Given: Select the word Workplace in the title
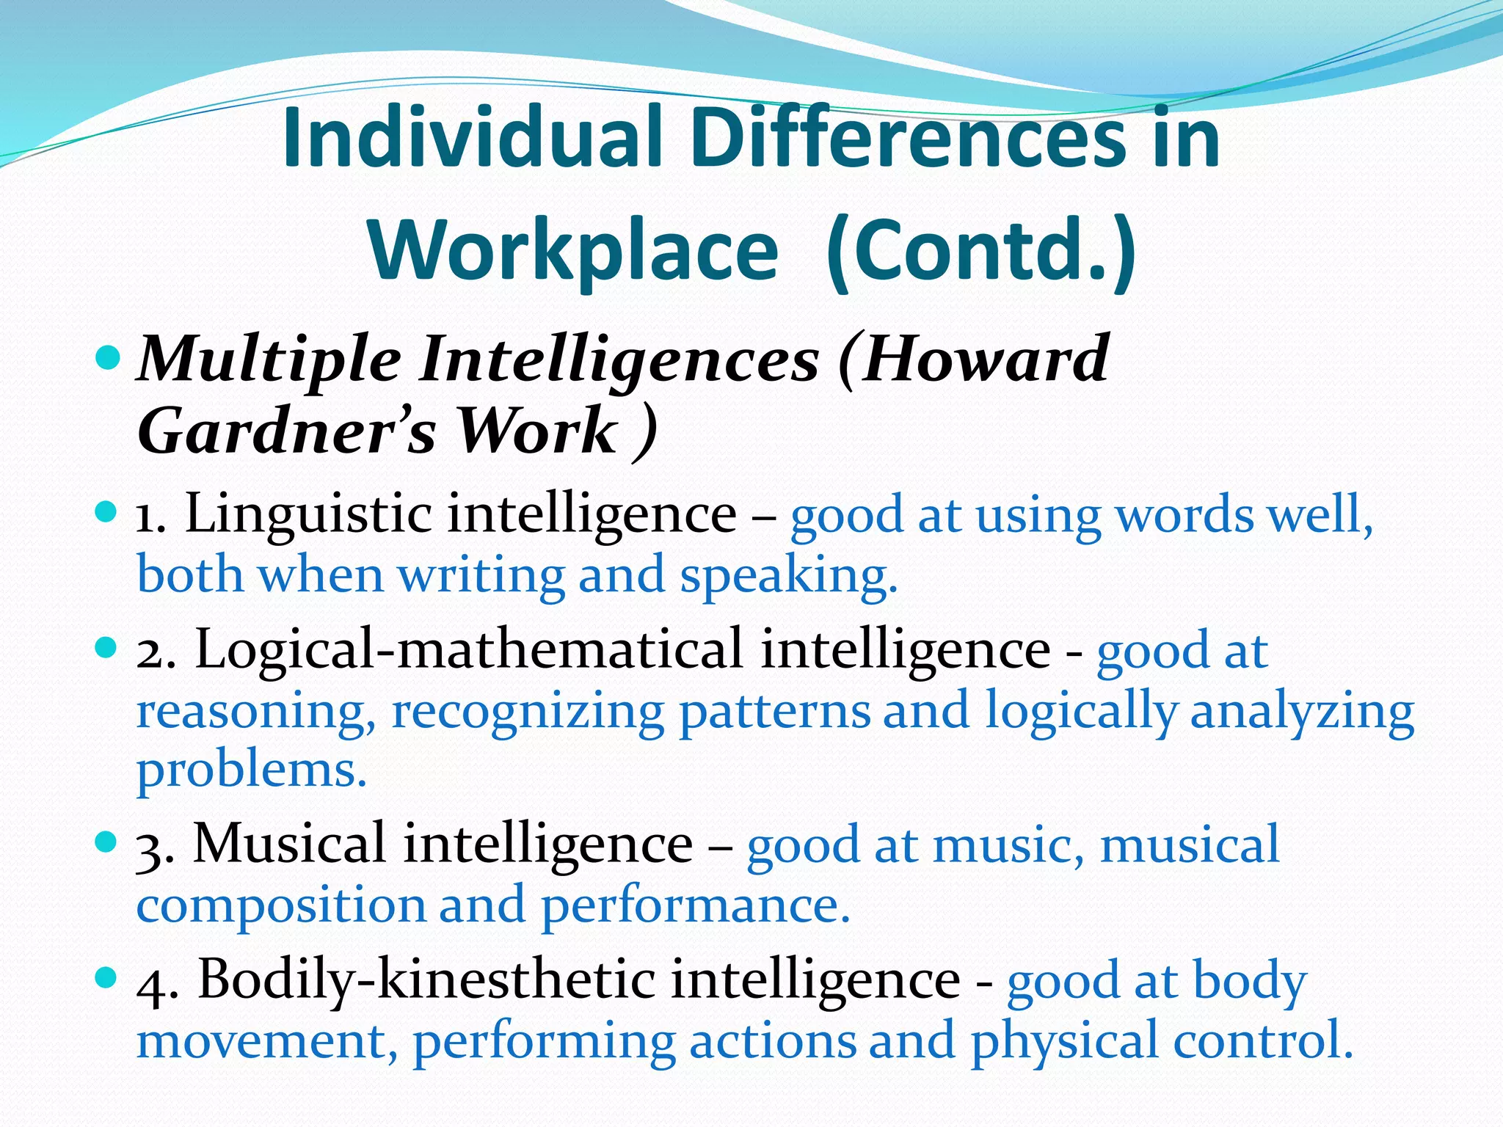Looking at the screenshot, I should tap(573, 251).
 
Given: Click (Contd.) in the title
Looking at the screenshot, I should tap(980, 251).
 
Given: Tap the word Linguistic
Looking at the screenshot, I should tap(308, 514).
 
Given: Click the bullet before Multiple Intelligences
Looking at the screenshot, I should tap(107, 358).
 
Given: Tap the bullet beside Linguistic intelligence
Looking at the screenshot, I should tap(107, 511).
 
